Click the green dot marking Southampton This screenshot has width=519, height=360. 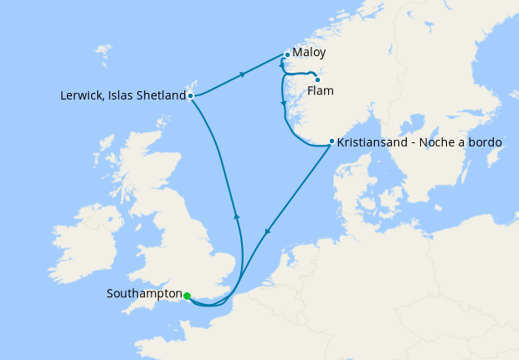coord(187,296)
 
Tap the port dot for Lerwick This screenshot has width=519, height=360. coord(191,95)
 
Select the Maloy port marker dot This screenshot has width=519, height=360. coord(287,55)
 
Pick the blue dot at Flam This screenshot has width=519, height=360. coord(317,80)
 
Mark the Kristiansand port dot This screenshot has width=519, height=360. coord(331,141)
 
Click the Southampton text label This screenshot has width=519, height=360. coord(144,294)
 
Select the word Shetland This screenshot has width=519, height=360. coord(161,95)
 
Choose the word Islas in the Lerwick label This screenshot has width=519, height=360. coord(122,95)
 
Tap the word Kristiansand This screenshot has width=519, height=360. coord(372,142)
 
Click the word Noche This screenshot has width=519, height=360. coord(436,142)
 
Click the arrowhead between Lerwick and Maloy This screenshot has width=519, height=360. coord(243,75)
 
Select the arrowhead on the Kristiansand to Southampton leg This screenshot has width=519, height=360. coord(267,232)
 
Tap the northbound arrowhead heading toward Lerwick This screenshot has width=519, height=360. coord(237,217)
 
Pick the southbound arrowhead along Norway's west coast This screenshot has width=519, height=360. coord(284,105)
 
